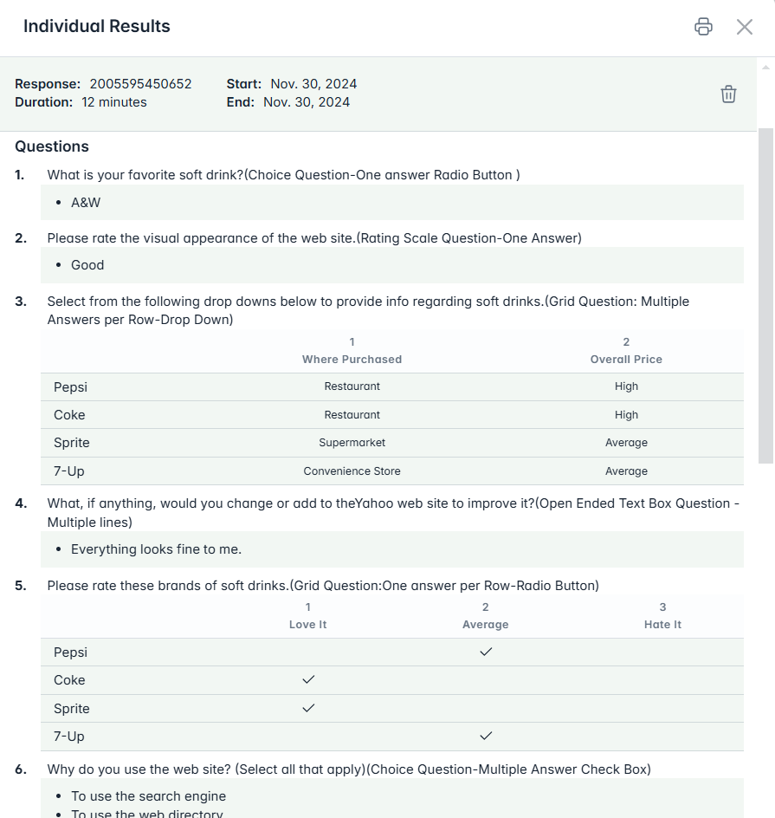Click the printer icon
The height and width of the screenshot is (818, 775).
[703, 27]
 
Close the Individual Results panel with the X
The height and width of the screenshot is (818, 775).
[745, 27]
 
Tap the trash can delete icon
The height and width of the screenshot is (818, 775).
[728, 94]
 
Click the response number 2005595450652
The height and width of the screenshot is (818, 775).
[140, 84]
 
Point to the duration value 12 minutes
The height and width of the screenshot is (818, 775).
[114, 102]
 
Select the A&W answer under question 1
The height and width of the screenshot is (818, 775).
[86, 203]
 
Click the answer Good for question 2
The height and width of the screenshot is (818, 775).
[87, 265]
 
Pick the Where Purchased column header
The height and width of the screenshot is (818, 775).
[352, 359]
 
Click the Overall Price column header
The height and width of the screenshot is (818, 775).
[626, 359]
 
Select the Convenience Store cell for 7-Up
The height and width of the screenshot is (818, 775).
[352, 471]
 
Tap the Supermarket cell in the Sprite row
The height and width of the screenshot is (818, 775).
[352, 443]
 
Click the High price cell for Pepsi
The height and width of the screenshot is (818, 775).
[626, 386]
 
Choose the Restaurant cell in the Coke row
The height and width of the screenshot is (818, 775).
[352, 415]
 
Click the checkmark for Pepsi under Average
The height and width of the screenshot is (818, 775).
[486, 652]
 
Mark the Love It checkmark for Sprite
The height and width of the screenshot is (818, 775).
[308, 708]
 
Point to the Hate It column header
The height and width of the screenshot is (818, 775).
[662, 624]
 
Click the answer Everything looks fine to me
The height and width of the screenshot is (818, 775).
[156, 549]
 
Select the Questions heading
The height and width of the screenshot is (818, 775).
[52, 146]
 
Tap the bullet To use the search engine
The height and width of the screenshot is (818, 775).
[148, 796]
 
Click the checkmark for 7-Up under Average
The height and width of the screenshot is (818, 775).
[486, 736]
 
